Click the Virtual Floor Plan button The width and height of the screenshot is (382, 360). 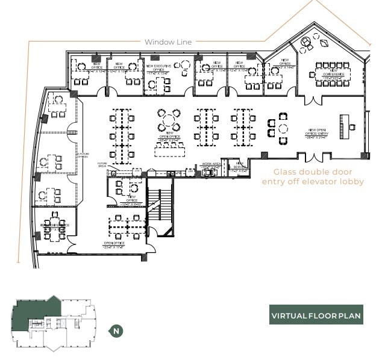[x=316, y=315]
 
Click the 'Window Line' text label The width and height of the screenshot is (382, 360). [x=168, y=42]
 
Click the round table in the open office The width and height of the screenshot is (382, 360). [x=169, y=119]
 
